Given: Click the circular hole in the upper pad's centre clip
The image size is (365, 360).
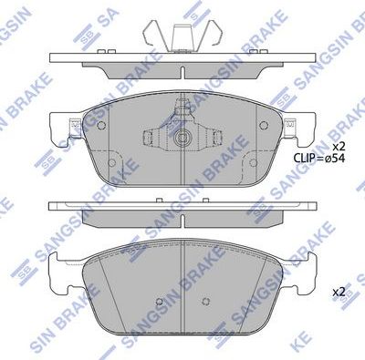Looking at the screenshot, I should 183,140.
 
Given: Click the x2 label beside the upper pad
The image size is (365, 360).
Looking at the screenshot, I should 339,147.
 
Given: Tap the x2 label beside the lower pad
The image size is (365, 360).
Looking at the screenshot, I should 339,292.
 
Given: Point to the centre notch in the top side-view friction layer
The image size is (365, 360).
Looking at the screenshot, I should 182,73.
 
